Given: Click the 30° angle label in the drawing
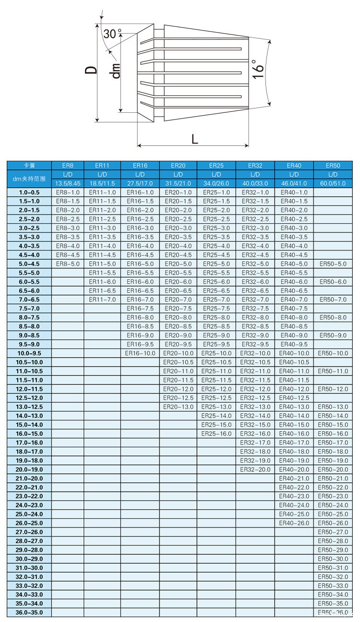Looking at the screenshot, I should coord(112,34).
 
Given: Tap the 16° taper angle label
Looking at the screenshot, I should coord(259,70).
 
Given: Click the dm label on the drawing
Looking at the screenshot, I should coord(115,71).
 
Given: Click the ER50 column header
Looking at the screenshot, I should coord(332,166).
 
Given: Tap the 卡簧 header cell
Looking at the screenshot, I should coord(30,166).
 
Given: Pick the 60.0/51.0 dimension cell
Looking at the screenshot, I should coord(332,183).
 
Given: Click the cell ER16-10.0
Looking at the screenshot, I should coord(140,353).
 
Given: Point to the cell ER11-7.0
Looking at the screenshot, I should coord(102,299).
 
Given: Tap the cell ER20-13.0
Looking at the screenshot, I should coord(178,407).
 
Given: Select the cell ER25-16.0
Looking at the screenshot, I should coord(216,433).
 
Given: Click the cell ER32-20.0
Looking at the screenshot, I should coord(255,469).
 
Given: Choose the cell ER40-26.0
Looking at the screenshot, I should coord(294,523).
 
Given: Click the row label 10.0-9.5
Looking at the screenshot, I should coord(30,353).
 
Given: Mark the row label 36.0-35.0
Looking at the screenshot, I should coord(30,612).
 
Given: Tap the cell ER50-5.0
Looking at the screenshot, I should coord(332,264).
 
